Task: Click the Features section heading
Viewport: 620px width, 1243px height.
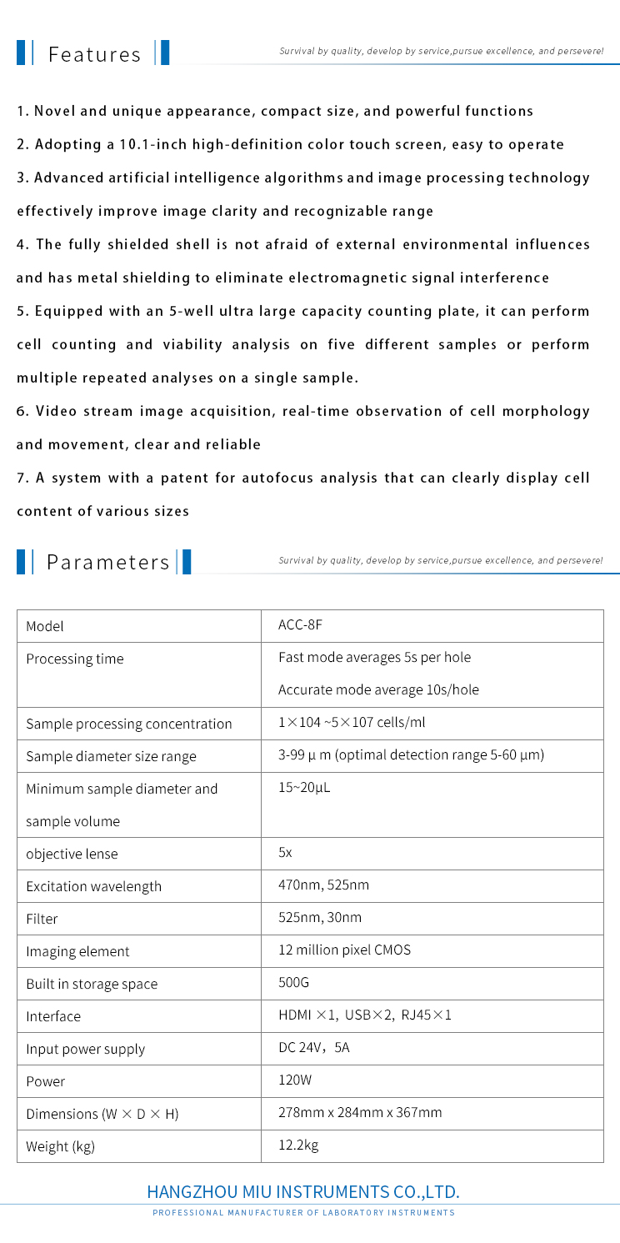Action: [x=94, y=55]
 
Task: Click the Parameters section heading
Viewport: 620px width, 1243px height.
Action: [x=107, y=561]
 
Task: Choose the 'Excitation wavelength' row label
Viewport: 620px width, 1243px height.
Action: [x=93, y=887]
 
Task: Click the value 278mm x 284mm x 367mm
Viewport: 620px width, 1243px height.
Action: [x=360, y=1113]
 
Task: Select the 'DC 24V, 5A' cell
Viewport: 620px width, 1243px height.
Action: [x=314, y=1048]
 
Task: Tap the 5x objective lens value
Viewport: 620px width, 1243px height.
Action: [x=285, y=853]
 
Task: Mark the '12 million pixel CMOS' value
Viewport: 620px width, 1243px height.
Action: [x=344, y=950]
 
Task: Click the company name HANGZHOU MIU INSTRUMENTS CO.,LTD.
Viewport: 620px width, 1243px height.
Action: [x=303, y=1190]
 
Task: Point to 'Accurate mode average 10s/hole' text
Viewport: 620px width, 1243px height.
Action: [x=378, y=689]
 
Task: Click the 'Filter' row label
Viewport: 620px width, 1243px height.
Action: [x=42, y=920]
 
